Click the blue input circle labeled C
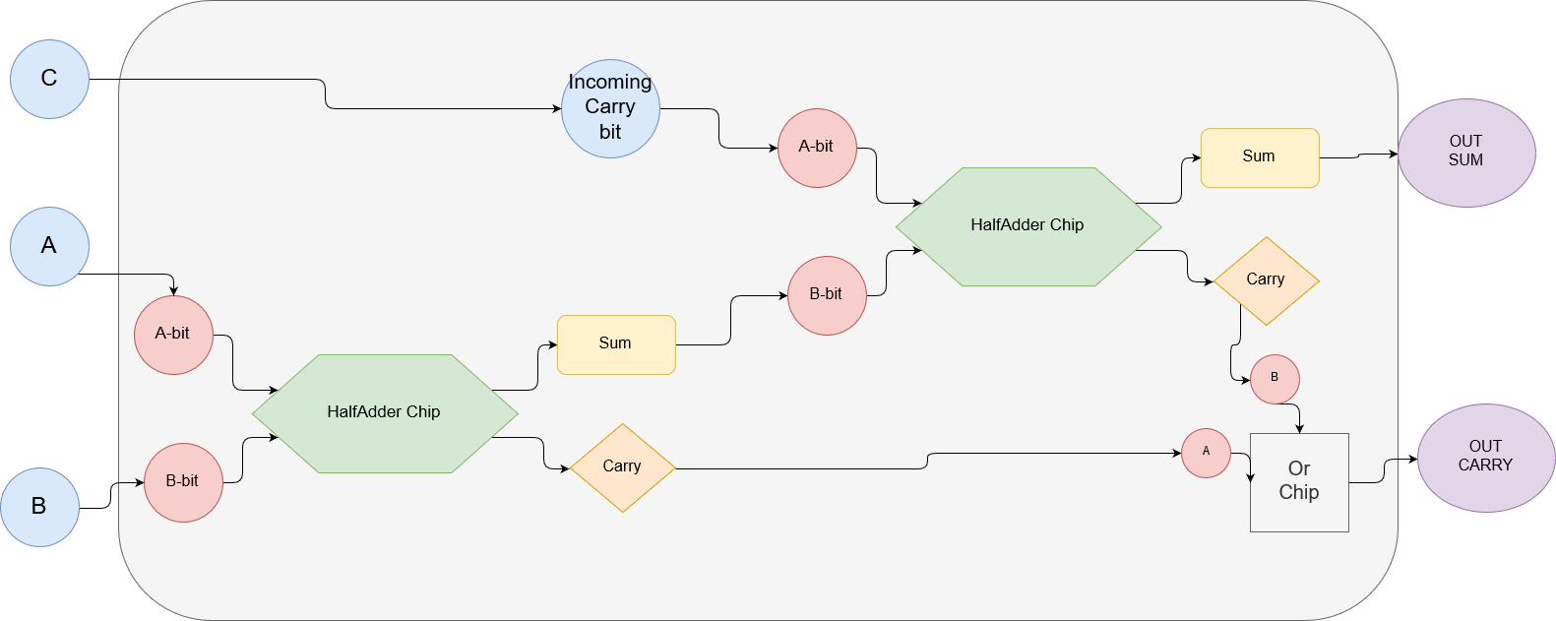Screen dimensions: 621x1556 tap(49, 79)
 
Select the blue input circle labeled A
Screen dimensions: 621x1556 tap(49, 246)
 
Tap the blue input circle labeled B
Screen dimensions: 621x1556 tap(39, 507)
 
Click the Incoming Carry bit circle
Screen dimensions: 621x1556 tap(610, 108)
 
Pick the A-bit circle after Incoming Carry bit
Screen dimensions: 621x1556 tap(817, 148)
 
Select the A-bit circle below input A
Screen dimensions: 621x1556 tap(173, 335)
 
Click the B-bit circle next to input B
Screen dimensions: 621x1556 tap(183, 482)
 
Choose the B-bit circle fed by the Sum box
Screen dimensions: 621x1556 tap(827, 295)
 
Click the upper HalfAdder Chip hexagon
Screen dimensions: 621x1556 tap(1027, 226)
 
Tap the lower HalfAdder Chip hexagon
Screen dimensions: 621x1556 tap(385, 413)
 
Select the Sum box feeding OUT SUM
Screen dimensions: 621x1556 tap(1259, 157)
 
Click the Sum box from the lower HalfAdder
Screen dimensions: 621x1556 tap(616, 344)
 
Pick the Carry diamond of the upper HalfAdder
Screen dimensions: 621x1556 tap(1266, 280)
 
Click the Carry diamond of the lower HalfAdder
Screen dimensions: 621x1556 tap(622, 467)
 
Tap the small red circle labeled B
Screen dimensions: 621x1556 tap(1275, 379)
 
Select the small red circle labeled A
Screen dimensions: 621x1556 tap(1206, 453)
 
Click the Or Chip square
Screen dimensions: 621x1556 tap(1299, 482)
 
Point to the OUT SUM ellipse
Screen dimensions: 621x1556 tap(1465, 153)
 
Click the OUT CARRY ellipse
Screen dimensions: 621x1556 tap(1485, 458)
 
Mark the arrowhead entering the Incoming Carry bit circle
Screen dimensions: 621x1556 tap(557, 108)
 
